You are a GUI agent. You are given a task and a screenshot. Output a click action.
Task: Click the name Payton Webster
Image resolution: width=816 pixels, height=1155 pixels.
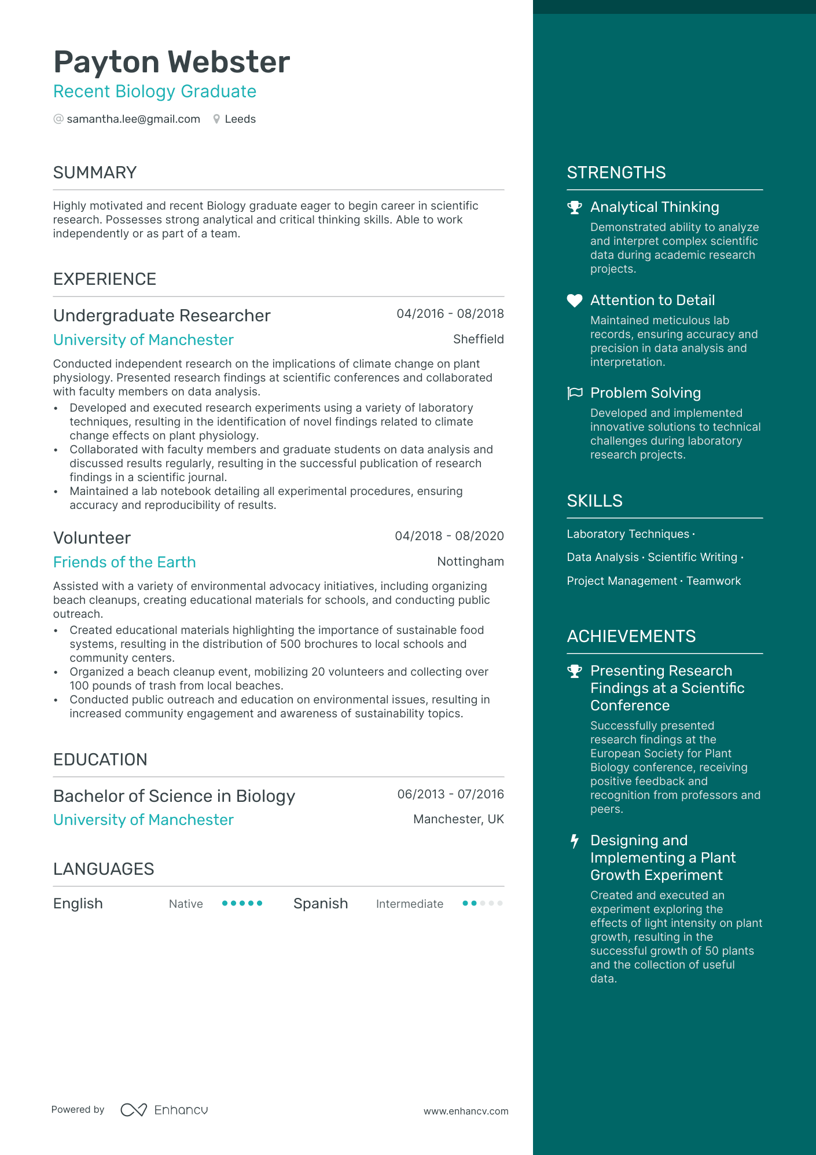coord(171,62)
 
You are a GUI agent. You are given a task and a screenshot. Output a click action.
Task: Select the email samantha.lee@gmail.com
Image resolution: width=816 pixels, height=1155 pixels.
coord(133,119)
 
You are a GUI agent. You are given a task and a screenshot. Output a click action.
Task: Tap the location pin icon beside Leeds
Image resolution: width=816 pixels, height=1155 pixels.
coord(216,119)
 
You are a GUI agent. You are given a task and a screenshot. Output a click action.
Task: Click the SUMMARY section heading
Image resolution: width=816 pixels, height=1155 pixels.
coord(95,173)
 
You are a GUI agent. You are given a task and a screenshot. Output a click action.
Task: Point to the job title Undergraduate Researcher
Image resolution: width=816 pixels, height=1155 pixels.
coord(161,316)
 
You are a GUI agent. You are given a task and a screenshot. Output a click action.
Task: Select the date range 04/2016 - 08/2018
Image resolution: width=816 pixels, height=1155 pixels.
coord(450,314)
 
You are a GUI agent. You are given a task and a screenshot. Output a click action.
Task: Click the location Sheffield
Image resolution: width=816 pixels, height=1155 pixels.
coord(478,339)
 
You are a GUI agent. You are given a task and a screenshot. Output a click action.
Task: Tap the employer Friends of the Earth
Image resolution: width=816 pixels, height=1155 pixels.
coord(124,562)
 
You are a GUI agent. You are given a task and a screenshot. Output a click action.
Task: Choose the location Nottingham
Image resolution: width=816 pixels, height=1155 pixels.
coord(470,562)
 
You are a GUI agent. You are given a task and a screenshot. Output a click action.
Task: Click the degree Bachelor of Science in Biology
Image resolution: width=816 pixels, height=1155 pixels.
coord(174,796)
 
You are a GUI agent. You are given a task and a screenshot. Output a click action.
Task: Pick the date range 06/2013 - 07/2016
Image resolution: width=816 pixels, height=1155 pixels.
coord(450,794)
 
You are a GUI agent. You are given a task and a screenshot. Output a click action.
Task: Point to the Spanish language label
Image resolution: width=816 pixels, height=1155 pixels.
coord(321,904)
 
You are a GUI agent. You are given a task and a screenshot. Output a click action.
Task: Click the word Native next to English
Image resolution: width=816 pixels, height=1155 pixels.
coord(186,904)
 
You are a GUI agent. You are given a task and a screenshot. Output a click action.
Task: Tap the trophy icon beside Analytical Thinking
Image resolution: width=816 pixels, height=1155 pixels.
coord(574,207)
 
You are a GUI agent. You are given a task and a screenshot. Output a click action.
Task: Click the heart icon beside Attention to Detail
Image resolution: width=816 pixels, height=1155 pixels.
coord(574,300)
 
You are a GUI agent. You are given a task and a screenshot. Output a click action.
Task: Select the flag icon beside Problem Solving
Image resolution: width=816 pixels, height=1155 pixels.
coord(574,393)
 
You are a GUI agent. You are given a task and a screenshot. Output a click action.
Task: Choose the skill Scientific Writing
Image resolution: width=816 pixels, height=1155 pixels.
coord(692,558)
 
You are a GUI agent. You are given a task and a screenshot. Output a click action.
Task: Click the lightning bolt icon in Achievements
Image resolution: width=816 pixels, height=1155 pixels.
coord(574,841)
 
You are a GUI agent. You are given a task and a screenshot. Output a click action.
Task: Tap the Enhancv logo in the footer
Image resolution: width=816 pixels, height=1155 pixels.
coord(164,1110)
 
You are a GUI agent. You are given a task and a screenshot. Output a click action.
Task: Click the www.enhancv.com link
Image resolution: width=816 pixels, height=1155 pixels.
coord(466,1112)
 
